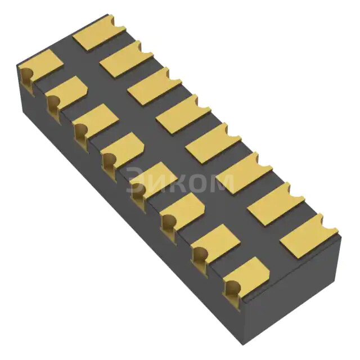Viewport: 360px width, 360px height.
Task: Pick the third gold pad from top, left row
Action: tap(96, 120)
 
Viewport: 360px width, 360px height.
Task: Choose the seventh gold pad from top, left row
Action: tap(215, 241)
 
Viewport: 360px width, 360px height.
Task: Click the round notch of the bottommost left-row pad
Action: tap(232, 289)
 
